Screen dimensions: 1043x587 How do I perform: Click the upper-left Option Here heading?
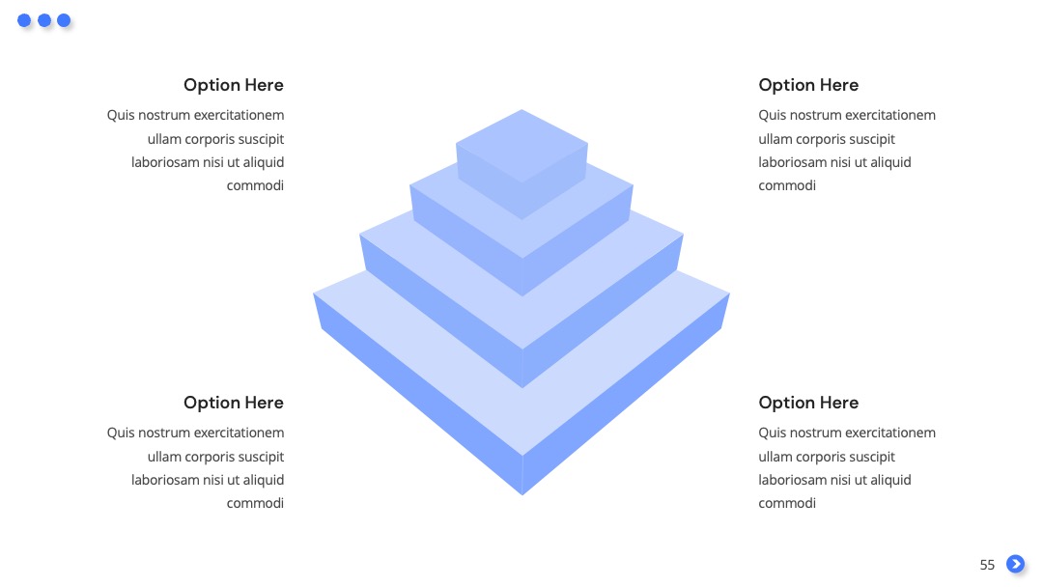(234, 85)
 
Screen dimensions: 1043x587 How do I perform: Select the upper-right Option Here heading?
(808, 85)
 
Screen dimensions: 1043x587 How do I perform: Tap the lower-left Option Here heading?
(234, 403)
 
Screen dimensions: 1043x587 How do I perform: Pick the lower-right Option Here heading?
(808, 403)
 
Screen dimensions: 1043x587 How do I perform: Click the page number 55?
(987, 565)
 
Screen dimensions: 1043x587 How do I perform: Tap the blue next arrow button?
(1015, 564)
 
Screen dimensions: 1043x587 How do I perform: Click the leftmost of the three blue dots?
(24, 20)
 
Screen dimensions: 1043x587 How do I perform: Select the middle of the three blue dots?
(44, 20)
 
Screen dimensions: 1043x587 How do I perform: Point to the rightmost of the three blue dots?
(64, 20)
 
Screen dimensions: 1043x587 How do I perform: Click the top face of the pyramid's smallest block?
(521, 146)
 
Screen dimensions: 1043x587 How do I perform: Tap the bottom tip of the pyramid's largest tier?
(522, 495)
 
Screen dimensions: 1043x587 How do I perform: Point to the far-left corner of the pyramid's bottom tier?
(313, 293)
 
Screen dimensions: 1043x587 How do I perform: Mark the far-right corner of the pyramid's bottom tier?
(730, 293)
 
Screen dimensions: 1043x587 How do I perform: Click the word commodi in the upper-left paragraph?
(255, 185)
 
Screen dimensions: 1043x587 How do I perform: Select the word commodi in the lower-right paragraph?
(787, 503)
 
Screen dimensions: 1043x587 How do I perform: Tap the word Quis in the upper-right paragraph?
(771, 115)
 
